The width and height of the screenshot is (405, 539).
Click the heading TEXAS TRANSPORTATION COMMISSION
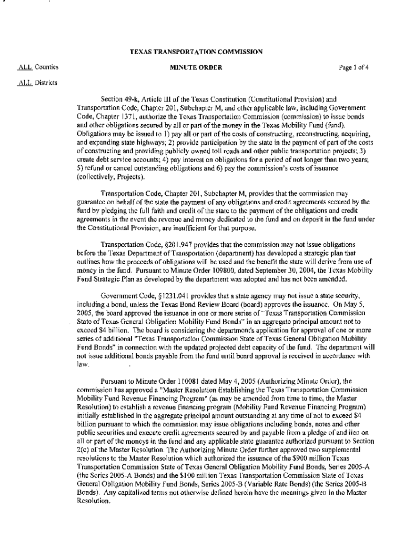(x=196, y=52)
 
